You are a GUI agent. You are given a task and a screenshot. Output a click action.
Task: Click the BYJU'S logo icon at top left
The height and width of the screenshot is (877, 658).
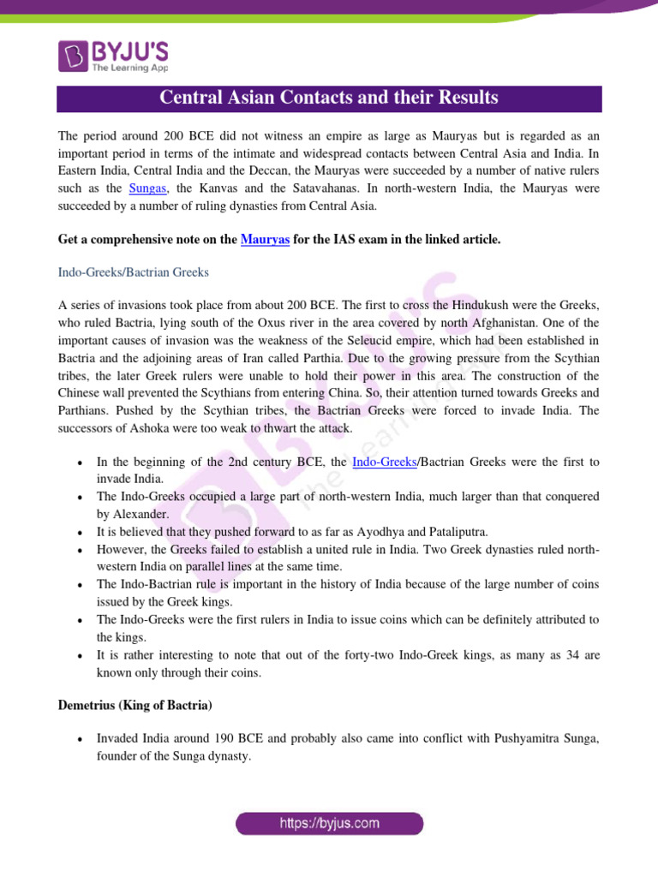click(72, 56)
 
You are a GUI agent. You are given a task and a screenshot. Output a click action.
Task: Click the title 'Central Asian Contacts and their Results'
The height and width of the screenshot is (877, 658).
click(329, 98)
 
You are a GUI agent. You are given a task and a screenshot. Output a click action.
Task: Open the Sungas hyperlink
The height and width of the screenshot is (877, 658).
click(147, 188)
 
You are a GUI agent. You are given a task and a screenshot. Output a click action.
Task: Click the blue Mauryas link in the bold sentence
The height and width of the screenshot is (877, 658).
click(264, 240)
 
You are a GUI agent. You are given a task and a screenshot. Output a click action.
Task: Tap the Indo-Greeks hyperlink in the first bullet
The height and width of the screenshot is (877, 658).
click(384, 462)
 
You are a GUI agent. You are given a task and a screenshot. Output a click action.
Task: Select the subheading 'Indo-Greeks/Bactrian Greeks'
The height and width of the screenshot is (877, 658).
click(133, 272)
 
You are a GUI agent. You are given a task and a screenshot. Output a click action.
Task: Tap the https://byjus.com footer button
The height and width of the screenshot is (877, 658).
click(329, 824)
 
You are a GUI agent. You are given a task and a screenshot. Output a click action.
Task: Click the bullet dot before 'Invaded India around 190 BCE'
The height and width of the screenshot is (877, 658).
click(79, 738)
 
